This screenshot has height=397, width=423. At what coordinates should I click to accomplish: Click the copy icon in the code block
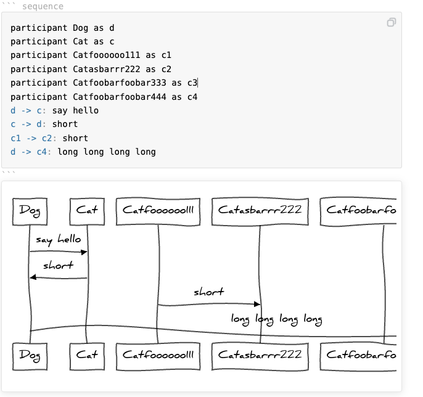[x=391, y=23]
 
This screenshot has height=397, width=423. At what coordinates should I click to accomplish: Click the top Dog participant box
[x=30, y=210]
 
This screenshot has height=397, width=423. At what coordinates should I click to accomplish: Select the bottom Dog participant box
[x=30, y=354]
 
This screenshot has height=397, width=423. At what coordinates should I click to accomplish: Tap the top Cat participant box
[x=87, y=210]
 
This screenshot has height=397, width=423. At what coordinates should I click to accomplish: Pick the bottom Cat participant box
[x=87, y=354]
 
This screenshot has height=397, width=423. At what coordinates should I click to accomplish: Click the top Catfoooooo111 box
[x=158, y=210]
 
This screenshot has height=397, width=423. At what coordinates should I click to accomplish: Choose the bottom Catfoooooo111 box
[x=158, y=354]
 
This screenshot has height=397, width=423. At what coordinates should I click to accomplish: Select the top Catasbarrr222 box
[x=260, y=210]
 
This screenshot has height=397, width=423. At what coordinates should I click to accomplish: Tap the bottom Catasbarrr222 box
[x=260, y=354]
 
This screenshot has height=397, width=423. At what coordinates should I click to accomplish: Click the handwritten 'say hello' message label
[x=58, y=240]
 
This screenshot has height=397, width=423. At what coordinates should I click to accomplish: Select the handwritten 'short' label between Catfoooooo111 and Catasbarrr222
[x=208, y=292]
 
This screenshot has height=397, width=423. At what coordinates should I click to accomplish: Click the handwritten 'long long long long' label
[x=276, y=319]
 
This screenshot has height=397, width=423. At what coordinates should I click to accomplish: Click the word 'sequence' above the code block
[x=43, y=6]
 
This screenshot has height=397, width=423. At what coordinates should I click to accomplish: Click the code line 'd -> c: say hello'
[x=54, y=110]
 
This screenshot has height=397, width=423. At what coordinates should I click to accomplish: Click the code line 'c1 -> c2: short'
[x=49, y=138]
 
